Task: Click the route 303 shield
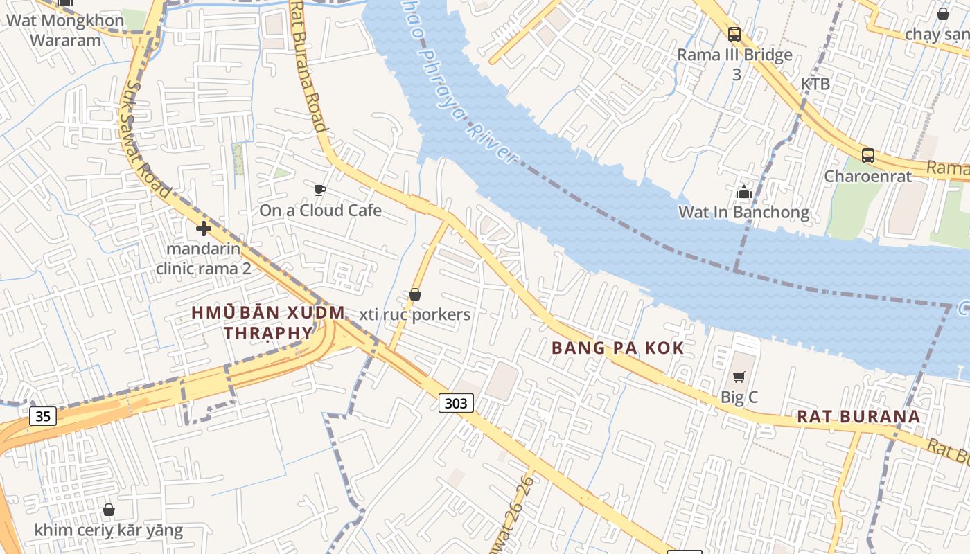coord(456,402)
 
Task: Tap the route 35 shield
coord(43,415)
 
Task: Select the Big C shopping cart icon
coord(739,377)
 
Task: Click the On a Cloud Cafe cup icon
coord(319,190)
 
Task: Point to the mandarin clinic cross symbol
coord(203,228)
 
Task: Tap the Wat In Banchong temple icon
coord(744,192)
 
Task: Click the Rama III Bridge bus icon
coord(734,35)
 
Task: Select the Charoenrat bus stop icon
coord(867,156)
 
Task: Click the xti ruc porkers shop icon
coord(415,294)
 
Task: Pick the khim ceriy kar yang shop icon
coord(109,510)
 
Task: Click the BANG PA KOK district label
coord(617,348)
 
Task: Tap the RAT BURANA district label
coord(858,416)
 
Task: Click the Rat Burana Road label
coord(308,66)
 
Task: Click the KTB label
coord(815,84)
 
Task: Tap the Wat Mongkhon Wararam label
coord(65,30)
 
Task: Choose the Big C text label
coord(739,397)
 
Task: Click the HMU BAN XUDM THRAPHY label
coord(267,323)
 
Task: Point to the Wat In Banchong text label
coord(743,212)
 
